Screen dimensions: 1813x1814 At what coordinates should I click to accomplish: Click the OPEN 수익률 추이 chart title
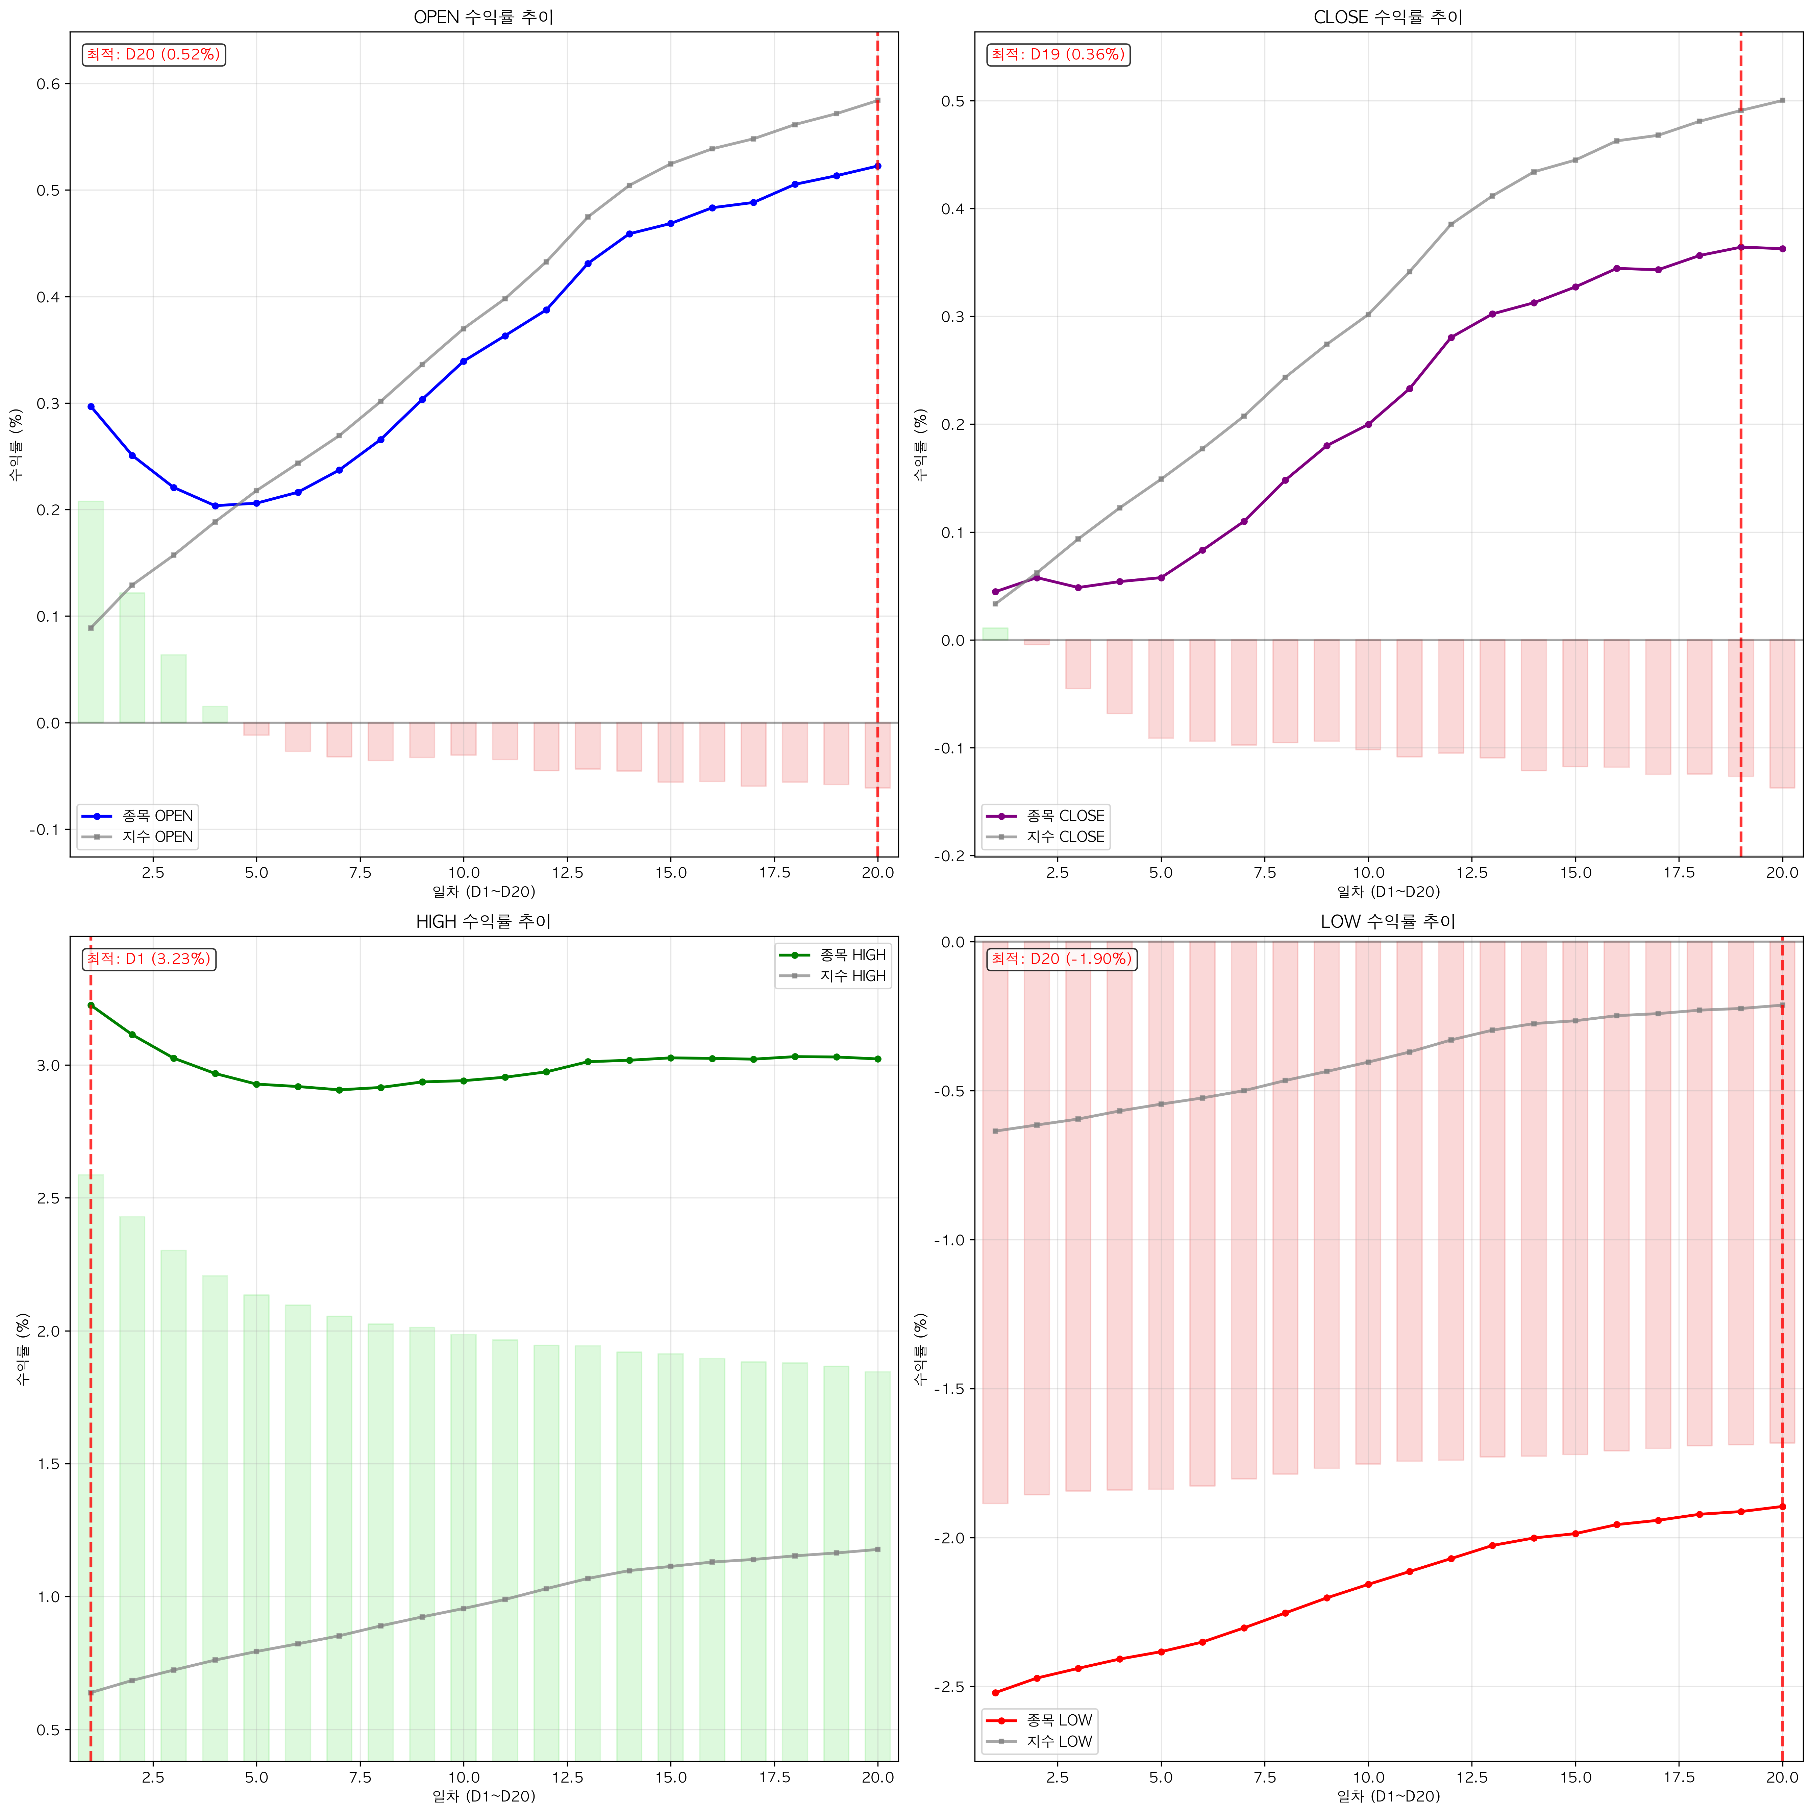[x=483, y=17]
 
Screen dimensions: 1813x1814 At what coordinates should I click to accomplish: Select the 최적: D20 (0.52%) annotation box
[x=154, y=54]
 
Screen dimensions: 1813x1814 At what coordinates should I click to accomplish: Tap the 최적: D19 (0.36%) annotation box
[x=1058, y=54]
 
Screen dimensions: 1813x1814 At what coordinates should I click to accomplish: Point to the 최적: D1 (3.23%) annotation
[x=148, y=959]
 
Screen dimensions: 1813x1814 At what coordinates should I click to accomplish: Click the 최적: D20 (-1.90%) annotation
[x=1062, y=959]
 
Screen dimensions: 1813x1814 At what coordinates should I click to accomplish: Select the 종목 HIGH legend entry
[x=833, y=955]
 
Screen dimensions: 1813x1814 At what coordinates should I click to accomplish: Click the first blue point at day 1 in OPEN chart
[x=91, y=406]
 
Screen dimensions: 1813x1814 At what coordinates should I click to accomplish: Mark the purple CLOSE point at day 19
[x=1741, y=247]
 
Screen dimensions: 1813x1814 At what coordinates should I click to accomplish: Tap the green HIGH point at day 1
[x=91, y=1005]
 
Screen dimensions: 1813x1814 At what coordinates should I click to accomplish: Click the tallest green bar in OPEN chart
[x=91, y=612]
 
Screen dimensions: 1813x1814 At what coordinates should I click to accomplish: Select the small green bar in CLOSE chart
[x=995, y=634]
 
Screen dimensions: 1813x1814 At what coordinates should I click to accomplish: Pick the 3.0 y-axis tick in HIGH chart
[x=48, y=1066]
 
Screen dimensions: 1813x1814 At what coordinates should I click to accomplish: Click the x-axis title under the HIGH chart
[x=483, y=1796]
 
